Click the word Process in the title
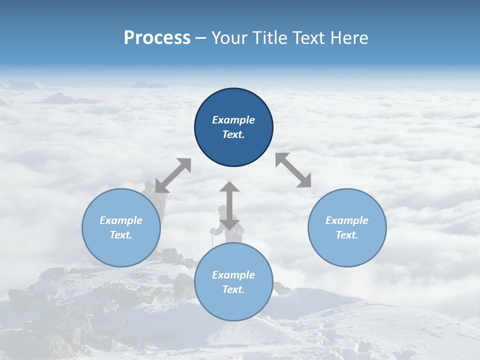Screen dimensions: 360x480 pyautogui.click(x=157, y=38)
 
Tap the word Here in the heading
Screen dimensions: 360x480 pyautogui.click(x=349, y=38)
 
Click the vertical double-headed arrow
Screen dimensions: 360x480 pyautogui.click(x=229, y=205)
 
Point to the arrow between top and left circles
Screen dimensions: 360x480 pyautogui.click(x=173, y=175)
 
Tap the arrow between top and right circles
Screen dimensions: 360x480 pyautogui.click(x=293, y=170)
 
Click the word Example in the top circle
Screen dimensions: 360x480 pyautogui.click(x=233, y=120)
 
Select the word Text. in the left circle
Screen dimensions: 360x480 pyautogui.click(x=121, y=235)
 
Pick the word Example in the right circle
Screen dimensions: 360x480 pyautogui.click(x=347, y=220)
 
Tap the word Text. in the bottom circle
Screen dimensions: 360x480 pyautogui.click(x=233, y=289)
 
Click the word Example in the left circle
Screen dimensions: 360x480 pyautogui.click(x=121, y=220)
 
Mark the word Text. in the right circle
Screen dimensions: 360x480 pyautogui.click(x=347, y=235)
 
